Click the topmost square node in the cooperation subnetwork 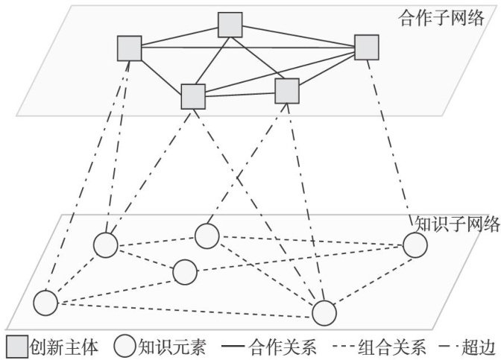pos(231,25)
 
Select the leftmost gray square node pos(130,48)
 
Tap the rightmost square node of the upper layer pos(367,47)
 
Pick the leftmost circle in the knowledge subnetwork pos(45,302)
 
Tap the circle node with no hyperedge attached pos(185,272)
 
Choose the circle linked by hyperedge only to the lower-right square pos(207,236)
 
